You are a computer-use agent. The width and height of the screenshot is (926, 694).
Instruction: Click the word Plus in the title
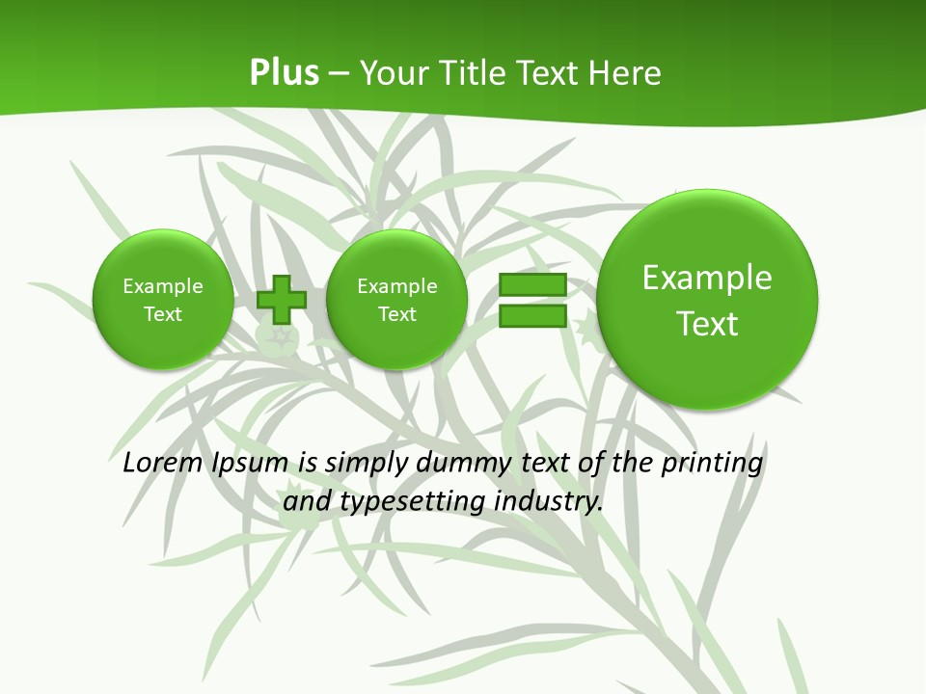click(284, 73)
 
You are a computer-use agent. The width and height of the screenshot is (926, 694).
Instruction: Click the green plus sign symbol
click(281, 300)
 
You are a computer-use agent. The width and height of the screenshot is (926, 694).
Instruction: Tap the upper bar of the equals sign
click(532, 285)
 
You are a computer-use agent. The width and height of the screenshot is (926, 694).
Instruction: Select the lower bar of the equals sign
click(532, 315)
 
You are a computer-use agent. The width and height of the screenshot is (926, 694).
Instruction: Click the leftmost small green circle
click(163, 300)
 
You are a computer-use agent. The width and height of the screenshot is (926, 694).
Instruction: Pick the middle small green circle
click(396, 300)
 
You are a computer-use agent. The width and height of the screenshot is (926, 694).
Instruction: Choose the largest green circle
click(707, 300)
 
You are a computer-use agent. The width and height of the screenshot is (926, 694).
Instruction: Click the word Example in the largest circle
click(707, 278)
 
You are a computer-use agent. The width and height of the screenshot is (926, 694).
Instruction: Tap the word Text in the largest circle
click(707, 324)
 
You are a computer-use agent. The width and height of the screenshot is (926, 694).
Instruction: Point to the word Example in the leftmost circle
click(163, 286)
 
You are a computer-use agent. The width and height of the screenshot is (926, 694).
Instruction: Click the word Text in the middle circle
click(396, 314)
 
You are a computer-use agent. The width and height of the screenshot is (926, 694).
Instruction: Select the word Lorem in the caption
click(163, 463)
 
